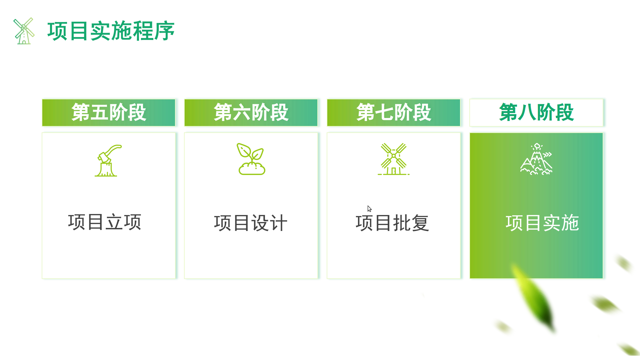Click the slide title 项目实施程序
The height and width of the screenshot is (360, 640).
(111, 31)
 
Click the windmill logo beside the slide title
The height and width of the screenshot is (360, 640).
(24, 31)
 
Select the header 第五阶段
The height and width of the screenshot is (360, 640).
(109, 112)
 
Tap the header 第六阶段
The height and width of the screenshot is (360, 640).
(251, 112)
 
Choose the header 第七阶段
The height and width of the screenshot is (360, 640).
(394, 112)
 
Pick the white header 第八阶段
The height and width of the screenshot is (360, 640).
(536, 112)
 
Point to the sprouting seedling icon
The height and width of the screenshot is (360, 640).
(251, 159)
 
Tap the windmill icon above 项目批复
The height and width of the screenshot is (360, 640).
(394, 159)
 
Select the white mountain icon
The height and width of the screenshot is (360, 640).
(536, 159)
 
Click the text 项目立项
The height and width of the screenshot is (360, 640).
(105, 222)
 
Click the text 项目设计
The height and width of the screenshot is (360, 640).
(251, 223)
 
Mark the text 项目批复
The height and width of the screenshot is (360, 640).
(392, 223)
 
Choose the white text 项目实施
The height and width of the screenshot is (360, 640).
(542, 223)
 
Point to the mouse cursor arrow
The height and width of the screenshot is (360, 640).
(369, 209)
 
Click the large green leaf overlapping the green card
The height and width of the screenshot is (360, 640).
(533, 297)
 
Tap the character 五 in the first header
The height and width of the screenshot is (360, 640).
(99, 112)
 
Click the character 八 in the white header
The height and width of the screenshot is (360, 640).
(527, 112)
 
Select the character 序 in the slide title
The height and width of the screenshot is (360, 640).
(164, 31)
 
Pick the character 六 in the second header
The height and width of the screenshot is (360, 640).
(242, 112)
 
